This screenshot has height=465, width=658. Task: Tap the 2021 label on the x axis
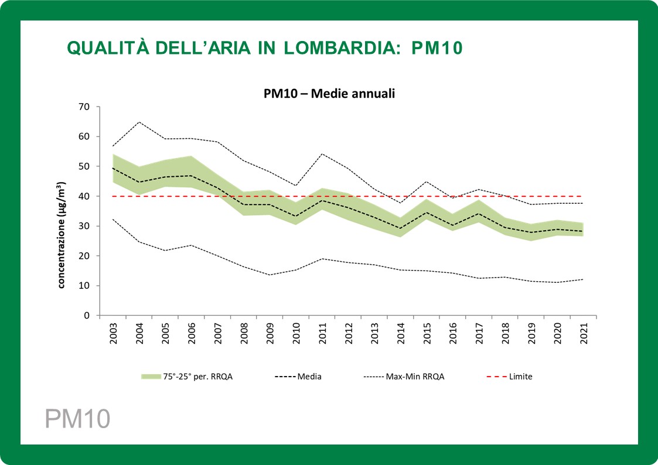pos(584,334)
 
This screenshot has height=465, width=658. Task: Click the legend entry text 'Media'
pos(309,377)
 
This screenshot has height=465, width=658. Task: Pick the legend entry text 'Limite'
pos(520,377)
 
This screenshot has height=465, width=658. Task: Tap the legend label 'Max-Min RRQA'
pos(415,377)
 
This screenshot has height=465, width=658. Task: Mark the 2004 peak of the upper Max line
pos(139,122)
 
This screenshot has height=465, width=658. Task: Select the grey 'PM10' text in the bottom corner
pos(78,419)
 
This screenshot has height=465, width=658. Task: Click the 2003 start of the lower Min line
pos(112,220)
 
